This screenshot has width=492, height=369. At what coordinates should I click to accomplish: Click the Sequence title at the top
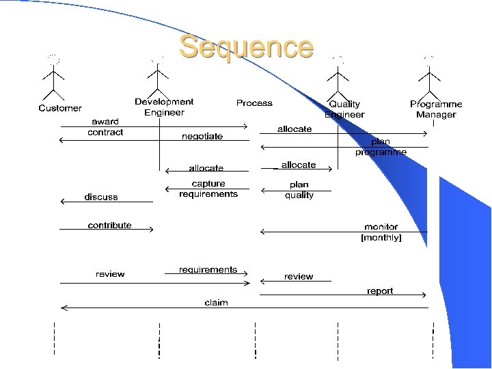247,47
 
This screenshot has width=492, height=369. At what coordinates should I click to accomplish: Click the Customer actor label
60,108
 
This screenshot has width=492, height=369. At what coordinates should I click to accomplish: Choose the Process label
254,103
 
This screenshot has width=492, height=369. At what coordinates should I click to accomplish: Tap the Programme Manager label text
436,109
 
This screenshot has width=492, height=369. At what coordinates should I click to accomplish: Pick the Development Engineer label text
164,107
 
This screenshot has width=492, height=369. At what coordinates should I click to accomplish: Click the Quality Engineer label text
344,109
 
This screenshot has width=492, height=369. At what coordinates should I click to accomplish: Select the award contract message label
105,127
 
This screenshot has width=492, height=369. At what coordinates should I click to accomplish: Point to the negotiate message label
202,136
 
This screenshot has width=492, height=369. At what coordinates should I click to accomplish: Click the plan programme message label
381,147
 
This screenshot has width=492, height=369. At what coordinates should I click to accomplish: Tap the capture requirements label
208,189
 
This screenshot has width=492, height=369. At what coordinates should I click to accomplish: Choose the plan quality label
299,190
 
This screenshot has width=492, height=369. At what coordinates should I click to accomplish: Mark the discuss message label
101,197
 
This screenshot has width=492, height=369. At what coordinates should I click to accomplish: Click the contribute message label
109,225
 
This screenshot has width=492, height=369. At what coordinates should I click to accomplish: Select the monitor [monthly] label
381,232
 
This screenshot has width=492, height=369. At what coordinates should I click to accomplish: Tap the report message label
380,291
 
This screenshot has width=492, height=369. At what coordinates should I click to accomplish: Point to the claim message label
216,302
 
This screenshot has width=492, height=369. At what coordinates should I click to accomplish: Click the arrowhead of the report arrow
424,295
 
